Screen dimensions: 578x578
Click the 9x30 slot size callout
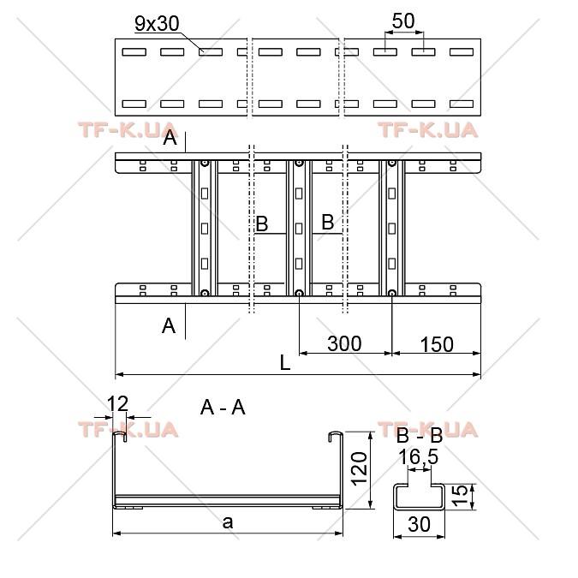157,24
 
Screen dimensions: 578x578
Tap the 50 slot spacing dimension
403,21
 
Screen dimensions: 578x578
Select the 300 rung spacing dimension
344,343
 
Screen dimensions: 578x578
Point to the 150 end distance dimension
437,344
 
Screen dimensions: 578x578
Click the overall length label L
285,363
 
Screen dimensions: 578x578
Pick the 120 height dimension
359,469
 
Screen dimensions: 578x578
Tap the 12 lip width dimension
117,403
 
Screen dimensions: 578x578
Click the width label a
228,522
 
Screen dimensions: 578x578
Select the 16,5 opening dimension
419,457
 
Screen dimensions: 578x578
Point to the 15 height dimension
459,496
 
